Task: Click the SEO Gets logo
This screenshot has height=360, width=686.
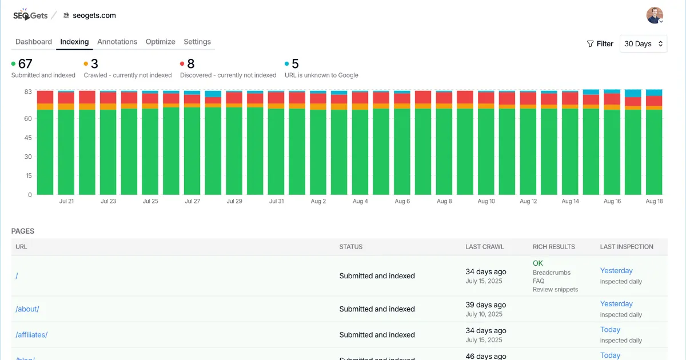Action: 30,15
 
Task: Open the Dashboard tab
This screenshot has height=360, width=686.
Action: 33,42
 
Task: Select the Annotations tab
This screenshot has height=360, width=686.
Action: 117,42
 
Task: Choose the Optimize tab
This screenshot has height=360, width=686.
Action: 160,42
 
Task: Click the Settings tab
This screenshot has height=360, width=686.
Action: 197,42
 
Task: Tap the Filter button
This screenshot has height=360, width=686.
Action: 600,44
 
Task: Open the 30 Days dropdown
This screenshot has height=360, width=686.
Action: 643,44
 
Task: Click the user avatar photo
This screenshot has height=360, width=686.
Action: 655,15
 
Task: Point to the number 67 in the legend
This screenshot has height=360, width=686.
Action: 25,64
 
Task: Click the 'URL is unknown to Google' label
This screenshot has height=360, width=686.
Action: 321,75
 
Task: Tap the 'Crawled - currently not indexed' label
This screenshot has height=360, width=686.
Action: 127,75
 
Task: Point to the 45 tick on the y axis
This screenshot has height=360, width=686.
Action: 27,138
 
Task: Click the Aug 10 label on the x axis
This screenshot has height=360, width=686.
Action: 486,202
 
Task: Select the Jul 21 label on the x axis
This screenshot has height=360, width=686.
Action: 66,202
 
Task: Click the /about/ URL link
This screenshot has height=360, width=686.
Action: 27,309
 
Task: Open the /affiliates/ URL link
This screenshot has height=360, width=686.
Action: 31,335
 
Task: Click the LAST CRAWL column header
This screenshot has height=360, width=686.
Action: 485,247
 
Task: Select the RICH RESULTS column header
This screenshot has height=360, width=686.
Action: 553,247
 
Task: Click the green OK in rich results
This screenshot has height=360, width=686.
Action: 538,263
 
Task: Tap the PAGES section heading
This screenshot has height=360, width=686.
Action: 23,231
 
